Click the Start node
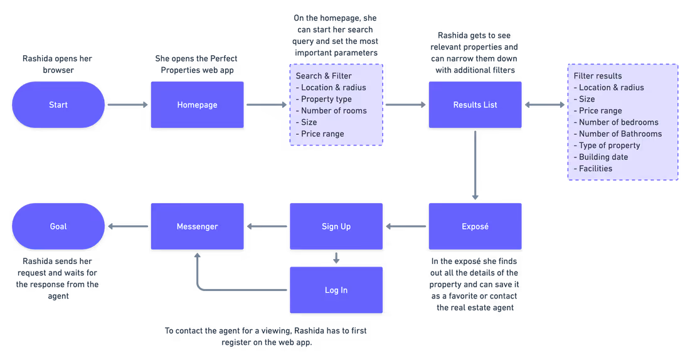click(x=58, y=105)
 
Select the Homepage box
click(x=197, y=105)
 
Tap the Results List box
click(x=475, y=105)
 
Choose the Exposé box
click(x=475, y=226)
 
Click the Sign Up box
click(x=336, y=226)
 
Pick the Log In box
click(x=336, y=290)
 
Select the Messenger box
click(x=197, y=226)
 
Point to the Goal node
click(x=58, y=226)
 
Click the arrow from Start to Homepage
click(x=128, y=105)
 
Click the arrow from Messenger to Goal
click(x=128, y=226)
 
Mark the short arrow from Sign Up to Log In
click(x=336, y=258)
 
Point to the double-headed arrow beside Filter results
click(x=544, y=105)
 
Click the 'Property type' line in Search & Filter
click(x=326, y=99)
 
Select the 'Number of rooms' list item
click(x=334, y=110)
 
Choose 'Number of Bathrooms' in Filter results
click(x=620, y=134)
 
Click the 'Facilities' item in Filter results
click(x=595, y=168)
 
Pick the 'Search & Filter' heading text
click(x=324, y=76)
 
